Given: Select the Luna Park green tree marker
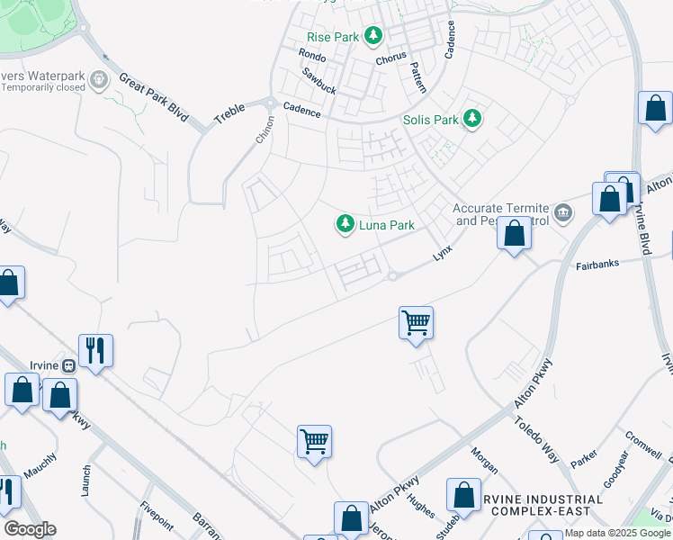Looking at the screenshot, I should pos(345,224).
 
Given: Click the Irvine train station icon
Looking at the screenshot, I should pos(67,365).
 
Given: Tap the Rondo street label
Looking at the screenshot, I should pos(311,56).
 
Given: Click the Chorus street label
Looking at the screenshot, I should pos(391,58).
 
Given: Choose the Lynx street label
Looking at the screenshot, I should pos(442,254).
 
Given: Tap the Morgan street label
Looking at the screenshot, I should pos(485,460).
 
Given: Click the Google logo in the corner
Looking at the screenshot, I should pos(30,529).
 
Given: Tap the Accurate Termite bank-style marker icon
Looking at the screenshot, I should pos(563,212).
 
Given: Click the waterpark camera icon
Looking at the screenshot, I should pos(100,81).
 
